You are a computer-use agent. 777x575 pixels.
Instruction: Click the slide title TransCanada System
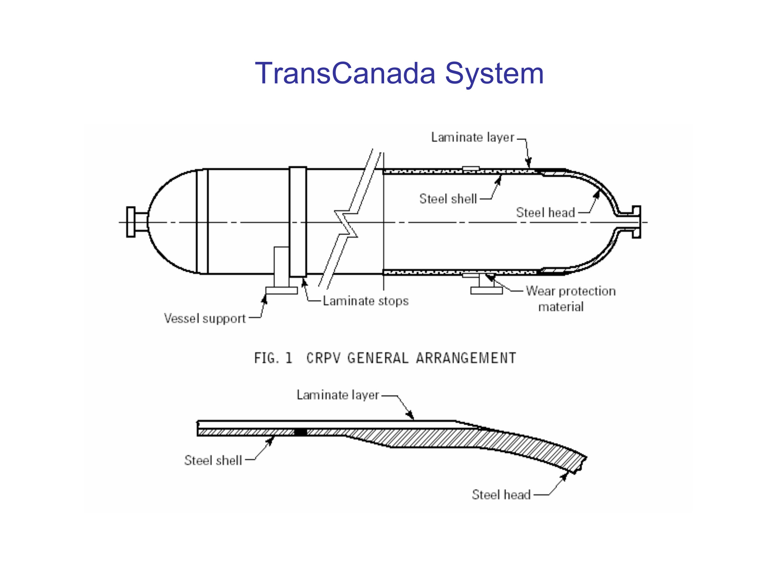pyautogui.click(x=399, y=73)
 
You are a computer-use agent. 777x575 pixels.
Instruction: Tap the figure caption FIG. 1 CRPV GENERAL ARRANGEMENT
pyautogui.click(x=385, y=358)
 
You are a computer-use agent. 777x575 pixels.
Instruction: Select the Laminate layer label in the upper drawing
pyautogui.click(x=473, y=137)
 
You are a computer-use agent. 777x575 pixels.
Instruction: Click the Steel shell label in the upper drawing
pyautogui.click(x=448, y=199)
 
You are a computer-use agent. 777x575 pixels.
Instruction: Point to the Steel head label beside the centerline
pyautogui.click(x=545, y=212)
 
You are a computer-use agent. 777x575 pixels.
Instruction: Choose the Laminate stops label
pyautogui.click(x=366, y=301)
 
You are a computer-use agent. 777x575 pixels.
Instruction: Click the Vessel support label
pyautogui.click(x=205, y=319)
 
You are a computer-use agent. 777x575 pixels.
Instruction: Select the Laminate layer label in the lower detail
pyautogui.click(x=337, y=395)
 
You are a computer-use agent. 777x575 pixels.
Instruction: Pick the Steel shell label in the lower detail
pyautogui.click(x=213, y=460)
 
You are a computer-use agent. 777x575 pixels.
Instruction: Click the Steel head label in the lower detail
pyautogui.click(x=501, y=495)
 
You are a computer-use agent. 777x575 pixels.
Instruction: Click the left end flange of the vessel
pyautogui.click(x=131, y=222)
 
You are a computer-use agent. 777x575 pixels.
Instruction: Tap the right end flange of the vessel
pyautogui.click(x=636, y=222)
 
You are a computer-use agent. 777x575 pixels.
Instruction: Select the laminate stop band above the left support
pyautogui.click(x=298, y=222)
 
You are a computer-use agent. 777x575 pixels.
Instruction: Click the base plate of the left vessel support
pyautogui.click(x=281, y=291)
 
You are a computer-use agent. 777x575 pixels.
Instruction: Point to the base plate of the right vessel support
pyautogui.click(x=486, y=291)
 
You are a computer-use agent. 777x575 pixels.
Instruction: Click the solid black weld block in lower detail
pyautogui.click(x=300, y=432)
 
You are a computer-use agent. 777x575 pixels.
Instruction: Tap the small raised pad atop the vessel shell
pyautogui.click(x=471, y=168)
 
